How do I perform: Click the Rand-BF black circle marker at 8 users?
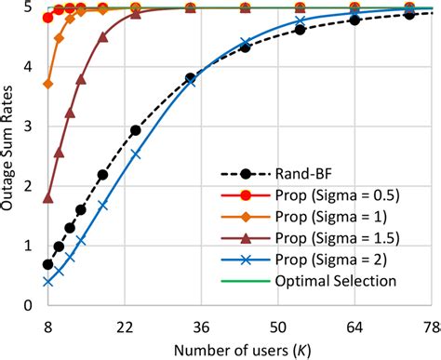(x=48, y=264)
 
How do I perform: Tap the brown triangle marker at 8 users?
(x=48, y=197)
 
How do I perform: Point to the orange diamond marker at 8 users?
(x=48, y=84)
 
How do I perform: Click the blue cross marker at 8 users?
(x=48, y=281)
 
